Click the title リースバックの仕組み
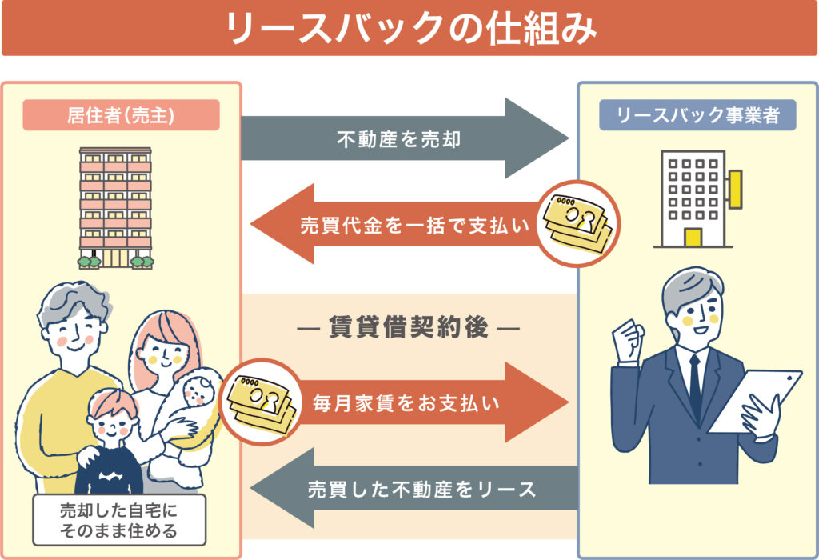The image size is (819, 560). (409, 29)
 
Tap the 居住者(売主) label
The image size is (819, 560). (121, 115)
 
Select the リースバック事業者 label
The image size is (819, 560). (697, 115)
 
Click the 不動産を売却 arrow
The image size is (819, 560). (400, 139)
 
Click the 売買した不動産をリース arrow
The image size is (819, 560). (416, 489)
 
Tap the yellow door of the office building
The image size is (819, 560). (693, 238)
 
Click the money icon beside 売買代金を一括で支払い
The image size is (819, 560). (576, 223)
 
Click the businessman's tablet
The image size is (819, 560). (755, 400)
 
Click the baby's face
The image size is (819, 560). (195, 391)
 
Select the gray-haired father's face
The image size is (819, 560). (72, 332)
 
